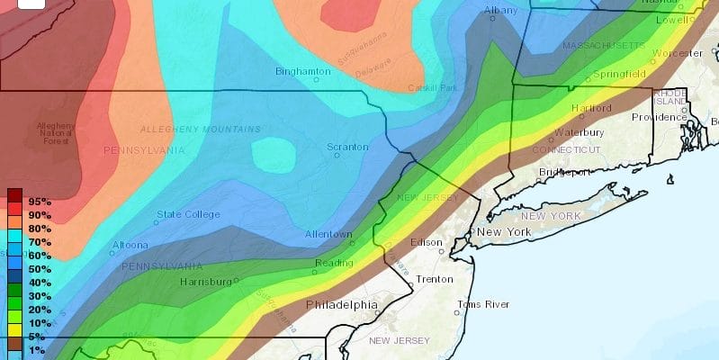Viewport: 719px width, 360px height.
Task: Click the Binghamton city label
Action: click(303, 70)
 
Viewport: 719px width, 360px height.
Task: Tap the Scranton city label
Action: click(347, 147)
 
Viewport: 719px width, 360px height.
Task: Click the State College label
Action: click(188, 214)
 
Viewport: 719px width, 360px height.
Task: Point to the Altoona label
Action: click(130, 245)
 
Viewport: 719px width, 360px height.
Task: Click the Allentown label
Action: click(328, 234)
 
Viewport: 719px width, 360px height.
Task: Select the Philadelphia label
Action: click(342, 304)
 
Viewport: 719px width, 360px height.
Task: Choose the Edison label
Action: click(426, 243)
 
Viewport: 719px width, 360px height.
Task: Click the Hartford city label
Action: click(591, 109)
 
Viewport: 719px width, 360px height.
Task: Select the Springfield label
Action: click(619, 73)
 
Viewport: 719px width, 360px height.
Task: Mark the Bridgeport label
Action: click(564, 172)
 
